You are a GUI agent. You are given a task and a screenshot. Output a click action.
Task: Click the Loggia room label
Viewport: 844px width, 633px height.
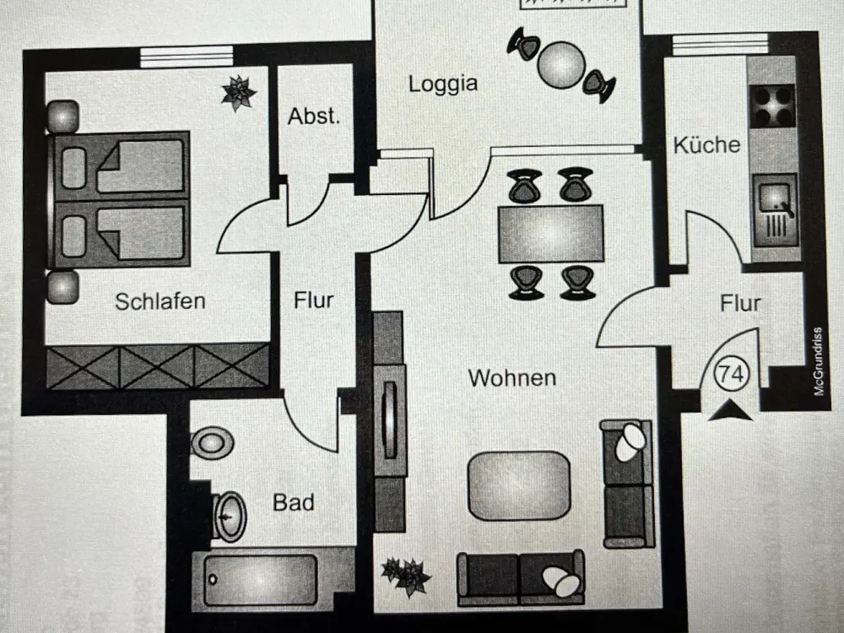click(x=443, y=84)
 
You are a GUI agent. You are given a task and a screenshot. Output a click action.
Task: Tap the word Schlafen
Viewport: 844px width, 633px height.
click(x=160, y=301)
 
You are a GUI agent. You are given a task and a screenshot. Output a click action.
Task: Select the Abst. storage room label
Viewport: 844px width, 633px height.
click(x=314, y=116)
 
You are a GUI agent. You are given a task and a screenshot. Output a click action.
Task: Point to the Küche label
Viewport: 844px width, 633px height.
click(x=706, y=145)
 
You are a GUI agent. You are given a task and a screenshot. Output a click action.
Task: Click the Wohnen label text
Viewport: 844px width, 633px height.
click(x=512, y=378)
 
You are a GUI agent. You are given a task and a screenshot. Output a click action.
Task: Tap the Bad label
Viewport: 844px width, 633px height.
click(x=294, y=502)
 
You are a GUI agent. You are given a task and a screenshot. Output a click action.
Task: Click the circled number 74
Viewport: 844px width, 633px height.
click(x=732, y=373)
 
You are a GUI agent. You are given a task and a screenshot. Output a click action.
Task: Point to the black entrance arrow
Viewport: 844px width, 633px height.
click(x=730, y=410)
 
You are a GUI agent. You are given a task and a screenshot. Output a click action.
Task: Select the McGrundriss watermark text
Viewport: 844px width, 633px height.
click(x=819, y=361)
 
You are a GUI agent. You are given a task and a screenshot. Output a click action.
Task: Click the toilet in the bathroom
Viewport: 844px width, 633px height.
click(x=212, y=443)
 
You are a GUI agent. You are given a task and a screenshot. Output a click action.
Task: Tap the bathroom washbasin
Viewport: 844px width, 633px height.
click(x=230, y=517)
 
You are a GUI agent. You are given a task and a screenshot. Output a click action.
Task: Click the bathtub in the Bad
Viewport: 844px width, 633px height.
click(x=260, y=581)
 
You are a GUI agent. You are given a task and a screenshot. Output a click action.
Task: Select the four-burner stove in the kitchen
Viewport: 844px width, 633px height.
click(x=772, y=105)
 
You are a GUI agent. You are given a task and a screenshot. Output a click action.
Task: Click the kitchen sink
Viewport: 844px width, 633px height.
click(x=775, y=210)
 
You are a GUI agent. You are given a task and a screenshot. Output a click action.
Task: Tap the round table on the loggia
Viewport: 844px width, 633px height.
click(x=561, y=65)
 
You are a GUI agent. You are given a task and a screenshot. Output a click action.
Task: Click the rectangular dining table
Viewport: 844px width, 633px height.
click(x=550, y=234)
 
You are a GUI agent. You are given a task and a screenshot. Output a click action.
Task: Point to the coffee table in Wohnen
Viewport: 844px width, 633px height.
click(x=519, y=485)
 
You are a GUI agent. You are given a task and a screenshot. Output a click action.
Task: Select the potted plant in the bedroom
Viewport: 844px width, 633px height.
click(x=239, y=93)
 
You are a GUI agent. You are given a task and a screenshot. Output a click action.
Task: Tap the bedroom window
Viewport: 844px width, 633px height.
click(x=187, y=57)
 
